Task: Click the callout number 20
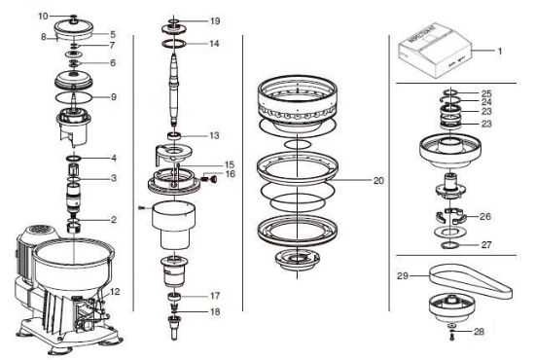[378, 181]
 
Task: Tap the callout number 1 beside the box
[500, 52]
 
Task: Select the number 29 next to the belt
[403, 275]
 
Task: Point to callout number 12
[115, 292]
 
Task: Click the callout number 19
[215, 21]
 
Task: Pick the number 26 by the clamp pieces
[485, 216]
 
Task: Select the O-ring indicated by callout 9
[74, 97]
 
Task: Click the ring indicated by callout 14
[174, 44]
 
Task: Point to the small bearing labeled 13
[174, 136]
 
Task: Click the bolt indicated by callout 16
[208, 178]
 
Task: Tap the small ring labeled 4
[73, 159]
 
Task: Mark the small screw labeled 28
[451, 337]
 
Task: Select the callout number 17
[215, 296]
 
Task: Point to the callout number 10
[43, 16]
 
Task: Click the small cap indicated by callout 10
[73, 16]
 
